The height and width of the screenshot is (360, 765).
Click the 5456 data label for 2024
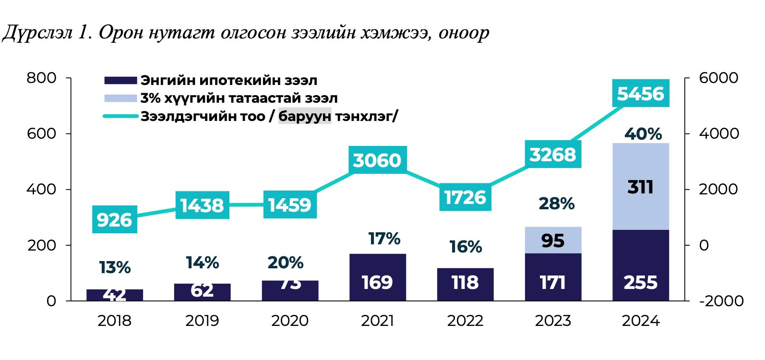click(x=640, y=94)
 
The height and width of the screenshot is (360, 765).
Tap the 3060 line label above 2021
click(x=377, y=160)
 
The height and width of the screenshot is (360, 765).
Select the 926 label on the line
click(x=114, y=220)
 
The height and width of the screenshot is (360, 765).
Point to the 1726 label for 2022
click(x=465, y=197)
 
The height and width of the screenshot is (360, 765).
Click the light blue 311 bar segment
click(x=640, y=187)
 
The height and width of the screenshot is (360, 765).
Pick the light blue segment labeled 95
click(x=553, y=240)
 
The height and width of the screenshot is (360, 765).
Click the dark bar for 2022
click(x=465, y=284)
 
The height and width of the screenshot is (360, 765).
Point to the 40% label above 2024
click(x=643, y=134)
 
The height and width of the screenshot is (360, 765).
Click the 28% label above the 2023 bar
click(x=556, y=204)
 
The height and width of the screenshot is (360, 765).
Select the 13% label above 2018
click(x=115, y=267)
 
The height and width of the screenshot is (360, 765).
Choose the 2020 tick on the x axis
click(x=289, y=321)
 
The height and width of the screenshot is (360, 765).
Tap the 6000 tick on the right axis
click(x=718, y=78)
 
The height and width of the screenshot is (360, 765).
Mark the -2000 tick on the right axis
click(x=721, y=301)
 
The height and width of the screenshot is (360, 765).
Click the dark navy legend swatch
click(x=120, y=80)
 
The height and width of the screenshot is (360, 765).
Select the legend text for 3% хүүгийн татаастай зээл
click(x=239, y=98)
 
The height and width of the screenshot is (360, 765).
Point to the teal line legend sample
click(x=120, y=116)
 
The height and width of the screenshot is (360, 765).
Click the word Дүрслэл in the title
click(x=37, y=33)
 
